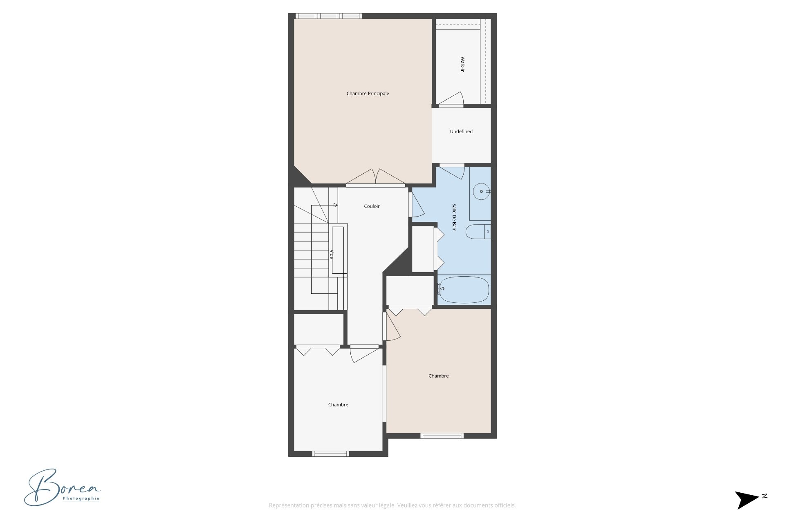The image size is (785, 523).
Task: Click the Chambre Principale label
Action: point(368,94)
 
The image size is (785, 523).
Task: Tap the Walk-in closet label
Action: point(462,65)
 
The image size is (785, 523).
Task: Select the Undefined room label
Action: point(461,132)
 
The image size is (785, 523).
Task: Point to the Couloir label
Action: point(372,206)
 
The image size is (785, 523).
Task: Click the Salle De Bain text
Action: point(454,217)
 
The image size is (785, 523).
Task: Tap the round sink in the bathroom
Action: point(482,191)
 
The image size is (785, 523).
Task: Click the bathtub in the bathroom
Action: point(464,290)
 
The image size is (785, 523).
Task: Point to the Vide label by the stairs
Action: point(332,254)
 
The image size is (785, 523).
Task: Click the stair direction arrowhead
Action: point(336,205)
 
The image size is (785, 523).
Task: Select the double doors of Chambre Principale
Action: point(376,177)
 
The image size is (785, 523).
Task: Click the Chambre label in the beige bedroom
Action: point(438,376)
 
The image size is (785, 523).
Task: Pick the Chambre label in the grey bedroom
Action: point(338,405)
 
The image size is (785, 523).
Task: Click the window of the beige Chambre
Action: point(442,436)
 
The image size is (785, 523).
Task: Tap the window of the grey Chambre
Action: point(331,454)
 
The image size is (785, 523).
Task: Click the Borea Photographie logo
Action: point(62,487)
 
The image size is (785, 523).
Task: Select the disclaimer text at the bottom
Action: point(392,505)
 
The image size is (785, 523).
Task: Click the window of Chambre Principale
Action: point(329,16)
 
